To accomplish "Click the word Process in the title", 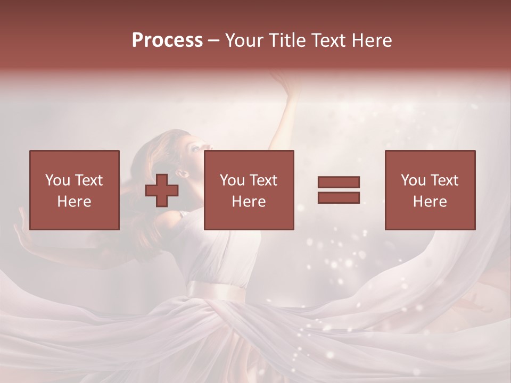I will click(x=167, y=40).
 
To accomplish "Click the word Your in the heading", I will click(x=245, y=40).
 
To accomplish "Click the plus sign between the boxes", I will click(x=162, y=190).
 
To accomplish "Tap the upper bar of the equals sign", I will click(x=339, y=182).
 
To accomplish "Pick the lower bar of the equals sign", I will click(x=339, y=197).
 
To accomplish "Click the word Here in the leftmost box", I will click(x=74, y=201).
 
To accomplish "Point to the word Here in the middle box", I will click(x=249, y=201).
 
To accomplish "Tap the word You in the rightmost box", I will click(x=414, y=180).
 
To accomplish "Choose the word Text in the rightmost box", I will click(x=444, y=180).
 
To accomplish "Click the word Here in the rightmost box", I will click(x=430, y=201).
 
